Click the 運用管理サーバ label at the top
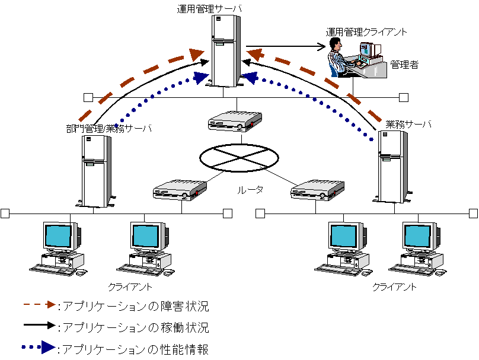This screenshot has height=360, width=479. coord(210,8)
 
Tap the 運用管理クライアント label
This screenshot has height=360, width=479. coord(366,32)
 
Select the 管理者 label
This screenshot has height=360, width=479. coord(404,65)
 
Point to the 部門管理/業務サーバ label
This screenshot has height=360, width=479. coord(109,128)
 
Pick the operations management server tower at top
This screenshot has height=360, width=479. coord(226,50)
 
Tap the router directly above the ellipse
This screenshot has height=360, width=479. coord(235,121)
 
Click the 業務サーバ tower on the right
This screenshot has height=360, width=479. coord(392,167)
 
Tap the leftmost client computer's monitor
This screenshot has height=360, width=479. coord(61,237)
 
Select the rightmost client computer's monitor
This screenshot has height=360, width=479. coord(420,237)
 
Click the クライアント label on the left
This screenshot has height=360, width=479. coord(130,287)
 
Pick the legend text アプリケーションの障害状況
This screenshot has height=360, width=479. coord(136,307)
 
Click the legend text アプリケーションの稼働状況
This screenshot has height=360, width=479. coord(136,327)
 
